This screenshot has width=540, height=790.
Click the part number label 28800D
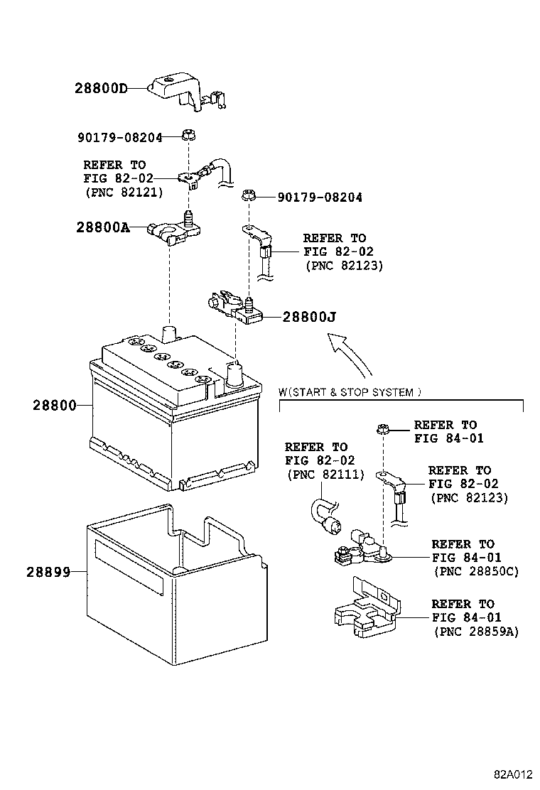pos(101,89)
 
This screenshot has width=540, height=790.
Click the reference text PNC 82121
pos(124,192)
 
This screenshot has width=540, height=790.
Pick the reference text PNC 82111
pos(324,475)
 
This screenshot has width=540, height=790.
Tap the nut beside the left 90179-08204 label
pos(189,134)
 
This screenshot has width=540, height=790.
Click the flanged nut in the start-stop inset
pos(382,428)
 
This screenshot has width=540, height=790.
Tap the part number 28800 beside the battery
pos(53,405)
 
